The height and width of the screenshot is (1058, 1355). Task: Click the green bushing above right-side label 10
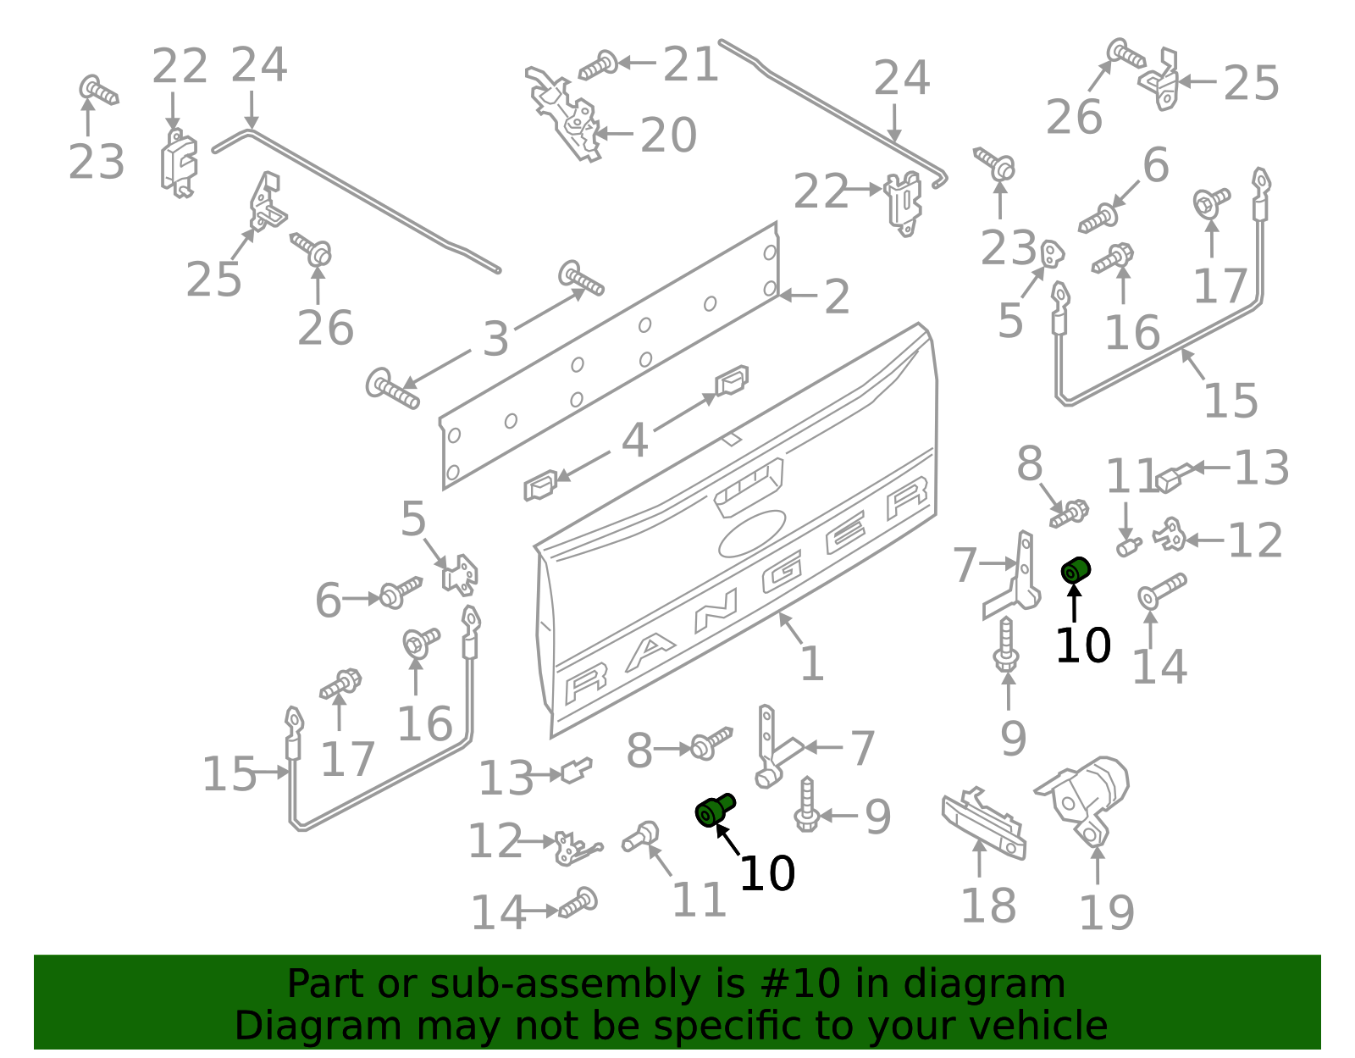tap(1076, 571)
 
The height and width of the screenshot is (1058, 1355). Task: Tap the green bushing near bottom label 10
tap(714, 811)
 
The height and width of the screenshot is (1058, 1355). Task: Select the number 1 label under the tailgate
tap(811, 663)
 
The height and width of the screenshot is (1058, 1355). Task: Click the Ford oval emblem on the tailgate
tap(751, 533)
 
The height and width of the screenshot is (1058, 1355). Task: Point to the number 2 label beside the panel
tap(837, 297)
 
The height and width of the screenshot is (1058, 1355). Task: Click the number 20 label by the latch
tap(668, 136)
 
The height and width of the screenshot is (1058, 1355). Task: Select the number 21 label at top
tap(690, 65)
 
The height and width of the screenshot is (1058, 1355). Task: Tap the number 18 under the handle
tap(987, 906)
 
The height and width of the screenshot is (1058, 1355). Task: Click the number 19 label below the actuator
tap(1105, 912)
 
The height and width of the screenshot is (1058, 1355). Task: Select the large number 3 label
tap(495, 339)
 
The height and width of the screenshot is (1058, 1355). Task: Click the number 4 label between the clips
tap(634, 440)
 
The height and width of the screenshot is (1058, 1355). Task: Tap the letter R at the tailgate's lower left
tap(584, 683)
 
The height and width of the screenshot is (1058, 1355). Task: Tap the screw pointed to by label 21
tap(598, 65)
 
